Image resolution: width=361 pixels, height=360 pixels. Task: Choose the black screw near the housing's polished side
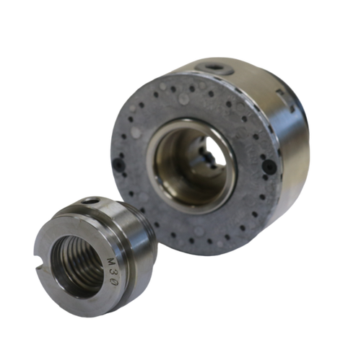coord(269,167)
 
